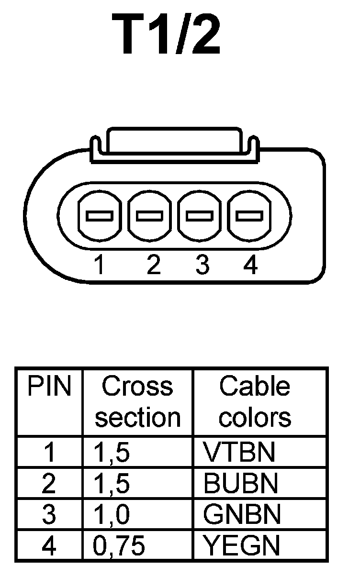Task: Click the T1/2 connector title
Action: [x=167, y=34]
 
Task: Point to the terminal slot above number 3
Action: [x=200, y=216]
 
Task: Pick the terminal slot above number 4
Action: [x=250, y=216]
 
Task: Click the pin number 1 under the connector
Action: [x=99, y=265]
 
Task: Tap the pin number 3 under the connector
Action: [x=202, y=265]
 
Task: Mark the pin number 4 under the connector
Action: [x=250, y=265]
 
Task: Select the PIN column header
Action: [x=49, y=387]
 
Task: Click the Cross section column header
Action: [x=137, y=402]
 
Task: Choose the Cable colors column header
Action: [x=255, y=402]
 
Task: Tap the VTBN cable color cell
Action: [x=239, y=452]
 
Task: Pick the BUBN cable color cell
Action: [x=240, y=484]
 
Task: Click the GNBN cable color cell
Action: [x=241, y=515]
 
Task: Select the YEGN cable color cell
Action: [x=241, y=545]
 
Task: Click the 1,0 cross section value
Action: [x=111, y=515]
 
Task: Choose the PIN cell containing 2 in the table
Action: [x=49, y=484]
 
